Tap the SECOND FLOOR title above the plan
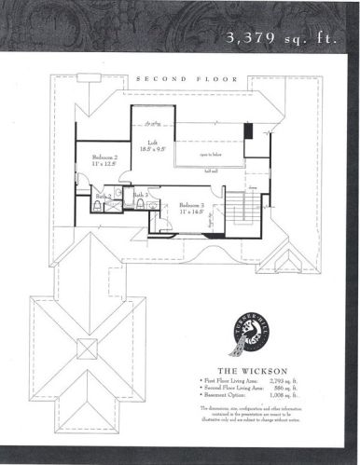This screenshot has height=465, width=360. pyautogui.click(x=181, y=79)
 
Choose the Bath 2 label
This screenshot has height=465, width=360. pyautogui.click(x=104, y=196)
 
